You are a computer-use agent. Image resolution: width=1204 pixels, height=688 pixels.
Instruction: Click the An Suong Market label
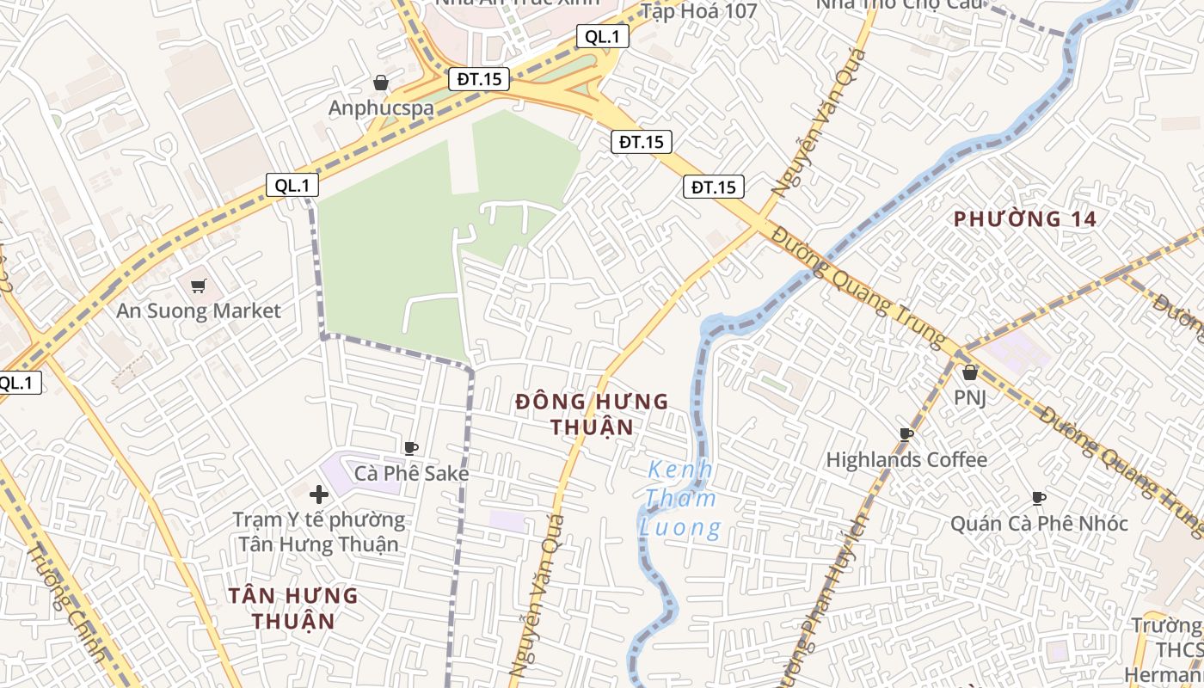point(199,310)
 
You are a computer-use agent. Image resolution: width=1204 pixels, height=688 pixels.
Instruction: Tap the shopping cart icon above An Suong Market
point(199,286)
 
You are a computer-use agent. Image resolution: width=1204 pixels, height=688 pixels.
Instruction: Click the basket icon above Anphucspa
point(381,83)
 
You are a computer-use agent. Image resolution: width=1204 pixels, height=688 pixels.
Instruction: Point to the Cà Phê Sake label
point(412,473)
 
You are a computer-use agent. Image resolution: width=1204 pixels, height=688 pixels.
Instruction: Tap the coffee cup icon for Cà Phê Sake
point(411,447)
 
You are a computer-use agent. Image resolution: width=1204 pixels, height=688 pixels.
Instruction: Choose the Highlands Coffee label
point(906,459)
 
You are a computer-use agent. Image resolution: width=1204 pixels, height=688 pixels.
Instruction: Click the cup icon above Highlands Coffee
point(906,433)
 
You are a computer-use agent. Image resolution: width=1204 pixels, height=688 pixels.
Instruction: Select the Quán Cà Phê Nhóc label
point(1039,523)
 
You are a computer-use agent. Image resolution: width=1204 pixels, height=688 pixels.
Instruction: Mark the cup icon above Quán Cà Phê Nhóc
point(1039,497)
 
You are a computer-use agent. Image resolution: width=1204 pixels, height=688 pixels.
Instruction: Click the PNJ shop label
point(970,397)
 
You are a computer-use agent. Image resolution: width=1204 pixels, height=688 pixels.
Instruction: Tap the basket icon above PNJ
point(970,372)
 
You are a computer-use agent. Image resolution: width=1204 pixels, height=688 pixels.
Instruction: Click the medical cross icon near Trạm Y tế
point(319,494)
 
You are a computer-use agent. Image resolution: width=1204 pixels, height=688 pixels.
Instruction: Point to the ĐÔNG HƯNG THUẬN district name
point(592,414)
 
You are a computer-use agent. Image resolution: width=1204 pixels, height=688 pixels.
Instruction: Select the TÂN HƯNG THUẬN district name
point(293,607)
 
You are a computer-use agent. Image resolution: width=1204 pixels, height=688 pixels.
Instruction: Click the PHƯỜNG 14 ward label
point(1025,218)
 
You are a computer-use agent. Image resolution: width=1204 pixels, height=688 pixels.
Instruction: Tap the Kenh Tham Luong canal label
point(680,499)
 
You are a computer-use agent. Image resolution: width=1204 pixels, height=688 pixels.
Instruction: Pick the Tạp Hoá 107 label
point(698,11)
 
